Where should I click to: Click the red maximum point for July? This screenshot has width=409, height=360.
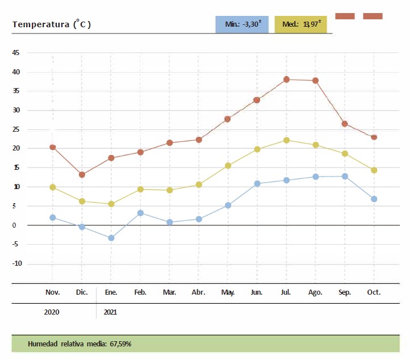(x=286, y=79)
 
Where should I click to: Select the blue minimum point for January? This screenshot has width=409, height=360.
(x=111, y=238)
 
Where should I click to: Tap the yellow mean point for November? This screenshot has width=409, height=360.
(x=53, y=187)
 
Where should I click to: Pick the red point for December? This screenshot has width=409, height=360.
(x=82, y=175)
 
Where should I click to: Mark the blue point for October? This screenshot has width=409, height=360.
(x=374, y=199)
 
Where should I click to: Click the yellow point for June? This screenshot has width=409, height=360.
(x=257, y=149)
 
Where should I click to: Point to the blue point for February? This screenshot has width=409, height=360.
(x=140, y=213)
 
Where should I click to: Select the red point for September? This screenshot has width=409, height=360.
(x=345, y=124)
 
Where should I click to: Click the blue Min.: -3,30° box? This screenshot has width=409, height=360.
(x=242, y=24)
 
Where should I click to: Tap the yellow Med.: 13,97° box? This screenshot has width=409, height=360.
(x=301, y=24)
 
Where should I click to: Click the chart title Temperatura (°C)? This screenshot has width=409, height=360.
(x=52, y=24)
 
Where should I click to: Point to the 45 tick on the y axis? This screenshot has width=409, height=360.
(x=16, y=53)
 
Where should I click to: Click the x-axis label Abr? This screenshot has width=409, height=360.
(x=199, y=292)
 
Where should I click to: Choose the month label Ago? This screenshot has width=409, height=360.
(x=315, y=292)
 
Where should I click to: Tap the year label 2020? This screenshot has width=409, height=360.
(x=52, y=312)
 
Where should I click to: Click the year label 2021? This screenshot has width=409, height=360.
(x=111, y=312)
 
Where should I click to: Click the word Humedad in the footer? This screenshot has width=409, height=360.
(x=43, y=344)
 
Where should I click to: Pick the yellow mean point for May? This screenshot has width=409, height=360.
(x=228, y=166)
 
